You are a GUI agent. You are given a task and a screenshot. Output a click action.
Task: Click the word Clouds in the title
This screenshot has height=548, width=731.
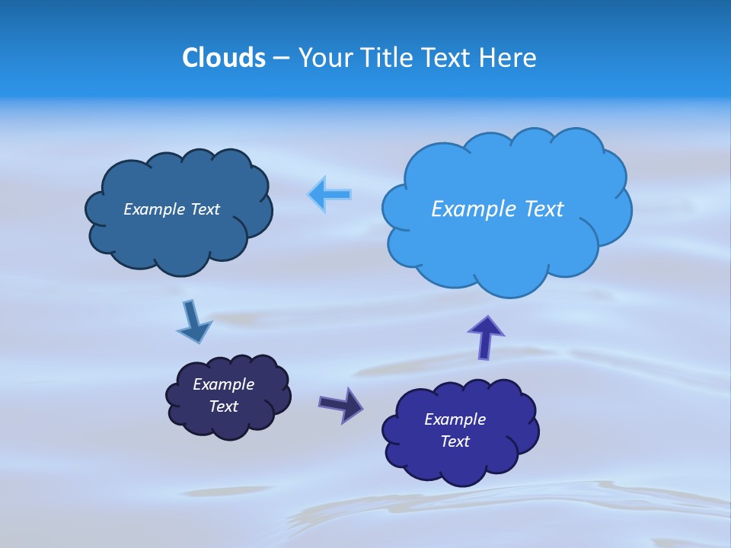224,58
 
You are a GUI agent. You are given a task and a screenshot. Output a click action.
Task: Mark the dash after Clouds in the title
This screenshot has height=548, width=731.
280,59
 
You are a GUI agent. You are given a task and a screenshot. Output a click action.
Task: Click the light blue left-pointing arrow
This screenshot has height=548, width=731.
330,195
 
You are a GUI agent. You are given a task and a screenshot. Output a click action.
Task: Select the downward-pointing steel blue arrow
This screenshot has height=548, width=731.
194,321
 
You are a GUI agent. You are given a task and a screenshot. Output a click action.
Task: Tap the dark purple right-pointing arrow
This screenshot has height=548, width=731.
340,404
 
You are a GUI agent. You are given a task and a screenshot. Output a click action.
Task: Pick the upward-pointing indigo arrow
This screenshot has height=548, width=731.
486,337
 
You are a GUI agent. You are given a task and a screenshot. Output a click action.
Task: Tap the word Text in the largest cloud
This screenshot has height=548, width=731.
542,209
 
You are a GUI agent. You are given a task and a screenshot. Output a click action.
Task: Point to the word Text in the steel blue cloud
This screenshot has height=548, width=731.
205,209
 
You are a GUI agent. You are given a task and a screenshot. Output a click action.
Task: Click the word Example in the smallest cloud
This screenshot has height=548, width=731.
224,384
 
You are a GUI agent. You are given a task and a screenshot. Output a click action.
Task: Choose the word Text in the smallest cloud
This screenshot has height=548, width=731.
224,406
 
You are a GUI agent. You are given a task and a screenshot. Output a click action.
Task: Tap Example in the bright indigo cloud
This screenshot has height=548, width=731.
455,419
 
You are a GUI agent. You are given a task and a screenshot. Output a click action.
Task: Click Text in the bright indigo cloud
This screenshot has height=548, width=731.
455,441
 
